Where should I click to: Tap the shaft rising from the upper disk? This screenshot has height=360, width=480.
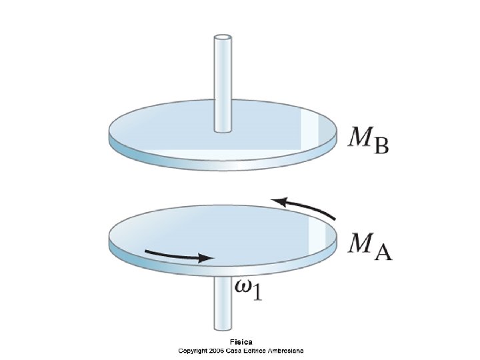coord(221,83)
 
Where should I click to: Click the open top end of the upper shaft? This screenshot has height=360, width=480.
coord(221,39)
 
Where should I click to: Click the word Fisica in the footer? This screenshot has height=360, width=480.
coord(239,343)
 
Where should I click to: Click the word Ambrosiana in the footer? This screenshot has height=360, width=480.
coord(285,350)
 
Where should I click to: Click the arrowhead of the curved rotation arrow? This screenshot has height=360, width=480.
coord(279,201)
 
